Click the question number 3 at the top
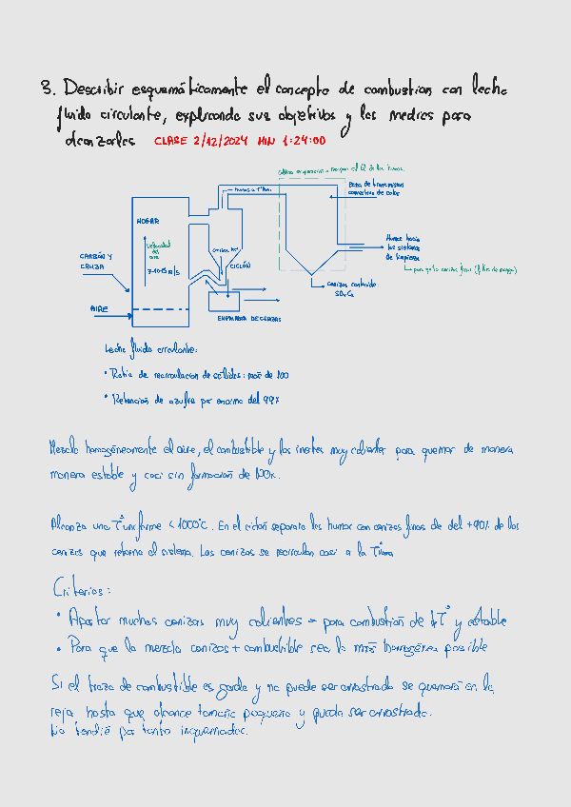[x=47, y=89]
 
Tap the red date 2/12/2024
[x=221, y=141]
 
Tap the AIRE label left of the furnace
[x=100, y=308]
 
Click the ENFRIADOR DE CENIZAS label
[x=249, y=319]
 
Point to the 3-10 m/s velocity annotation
[x=163, y=274]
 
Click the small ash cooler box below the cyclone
[x=225, y=301]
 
